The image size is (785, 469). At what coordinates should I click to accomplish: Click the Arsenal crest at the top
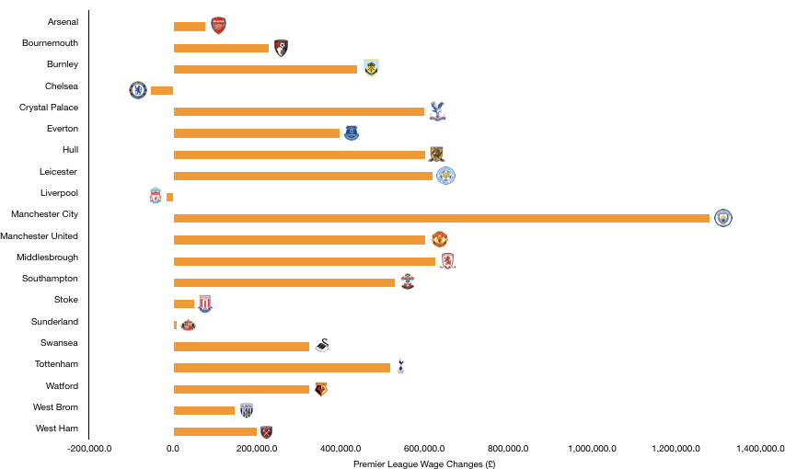pyautogui.click(x=218, y=26)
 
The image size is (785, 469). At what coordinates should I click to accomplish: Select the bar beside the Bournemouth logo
pyautogui.click(x=221, y=48)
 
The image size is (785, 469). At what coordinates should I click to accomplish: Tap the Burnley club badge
pyautogui.click(x=371, y=68)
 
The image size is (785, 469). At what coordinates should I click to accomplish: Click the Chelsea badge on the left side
pyautogui.click(x=138, y=90)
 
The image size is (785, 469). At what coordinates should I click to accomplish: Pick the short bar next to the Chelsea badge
pyautogui.click(x=162, y=90)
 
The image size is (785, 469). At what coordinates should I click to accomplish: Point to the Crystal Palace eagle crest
pyautogui.click(x=437, y=111)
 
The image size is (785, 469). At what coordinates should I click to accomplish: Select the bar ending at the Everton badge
pyautogui.click(x=257, y=133)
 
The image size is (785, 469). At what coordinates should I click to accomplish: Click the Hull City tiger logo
pyautogui.click(x=436, y=154)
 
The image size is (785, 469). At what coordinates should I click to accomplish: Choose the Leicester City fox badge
pyautogui.click(x=445, y=176)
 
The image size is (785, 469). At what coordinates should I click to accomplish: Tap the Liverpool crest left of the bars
pyautogui.click(x=156, y=195)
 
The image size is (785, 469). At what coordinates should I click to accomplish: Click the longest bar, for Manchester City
pyautogui.click(x=442, y=218)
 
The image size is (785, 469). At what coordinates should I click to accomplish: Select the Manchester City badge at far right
pyautogui.click(x=723, y=218)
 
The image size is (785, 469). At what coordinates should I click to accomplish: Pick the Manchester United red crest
pyautogui.click(x=440, y=239)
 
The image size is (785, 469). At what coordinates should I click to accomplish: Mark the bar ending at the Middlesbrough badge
pyautogui.click(x=305, y=261)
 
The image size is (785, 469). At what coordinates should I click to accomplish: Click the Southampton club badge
pyautogui.click(x=408, y=281)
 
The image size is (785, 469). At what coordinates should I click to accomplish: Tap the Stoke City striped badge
pyautogui.click(x=205, y=303)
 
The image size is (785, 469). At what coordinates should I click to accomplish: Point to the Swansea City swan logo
pyautogui.click(x=322, y=345)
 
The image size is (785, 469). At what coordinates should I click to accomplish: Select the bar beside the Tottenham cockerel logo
pyautogui.click(x=282, y=368)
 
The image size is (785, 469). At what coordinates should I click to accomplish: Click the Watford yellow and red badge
pyautogui.click(x=321, y=389)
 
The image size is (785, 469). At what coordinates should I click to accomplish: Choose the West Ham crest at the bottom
pyautogui.click(x=266, y=432)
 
